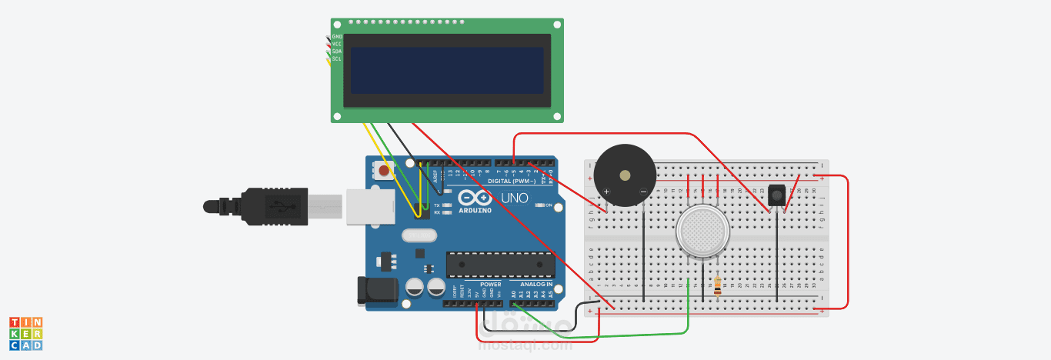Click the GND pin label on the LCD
pyautogui.click(x=337, y=36)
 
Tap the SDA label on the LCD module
pyautogui.click(x=337, y=52)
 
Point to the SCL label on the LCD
pyautogui.click(x=337, y=58)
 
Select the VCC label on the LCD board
pyautogui.click(x=337, y=44)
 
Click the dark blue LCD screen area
pyautogui.click(x=447, y=71)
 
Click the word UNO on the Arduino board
pyautogui.click(x=515, y=198)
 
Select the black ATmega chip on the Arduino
pyautogui.click(x=500, y=264)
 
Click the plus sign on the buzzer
pyautogui.click(x=607, y=192)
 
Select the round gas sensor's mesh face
pyautogui.click(x=702, y=231)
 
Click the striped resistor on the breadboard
pyautogui.click(x=718, y=285)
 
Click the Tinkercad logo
pyautogui.click(x=25, y=334)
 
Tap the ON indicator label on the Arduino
pyautogui.click(x=549, y=205)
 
